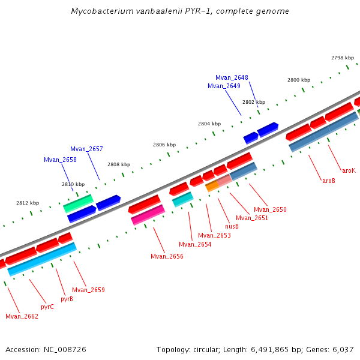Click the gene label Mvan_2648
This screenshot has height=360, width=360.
coord(232,77)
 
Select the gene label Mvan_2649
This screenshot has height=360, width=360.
coord(224,86)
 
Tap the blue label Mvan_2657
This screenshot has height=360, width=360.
coord(86,149)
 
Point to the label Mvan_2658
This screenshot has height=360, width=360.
coord(60,160)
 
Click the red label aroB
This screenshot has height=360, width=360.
coord(329,181)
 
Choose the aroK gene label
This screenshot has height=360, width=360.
coord(349,170)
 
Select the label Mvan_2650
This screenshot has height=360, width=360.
coord(270,209)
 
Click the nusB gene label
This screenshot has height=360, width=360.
coord(232,226)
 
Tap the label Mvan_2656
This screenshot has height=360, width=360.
coord(167,256)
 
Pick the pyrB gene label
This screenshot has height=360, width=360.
coord(67,299)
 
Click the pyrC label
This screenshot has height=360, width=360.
coord(47,307)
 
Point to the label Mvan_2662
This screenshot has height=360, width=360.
coord(22,316)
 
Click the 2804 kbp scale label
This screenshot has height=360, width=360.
coord(209,124)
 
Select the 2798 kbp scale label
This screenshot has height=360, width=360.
coord(343,58)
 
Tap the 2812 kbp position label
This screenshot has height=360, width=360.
coord(27,203)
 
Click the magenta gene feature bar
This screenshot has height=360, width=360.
coord(148,215)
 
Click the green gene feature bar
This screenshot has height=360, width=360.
coord(78,203)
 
